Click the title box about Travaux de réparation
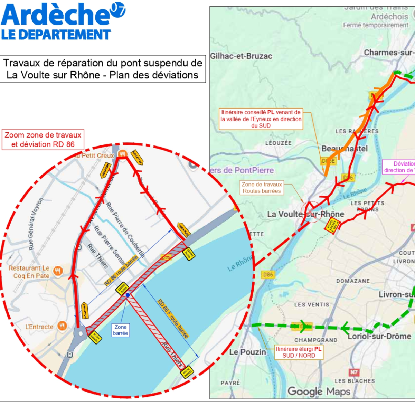(x=103, y=69)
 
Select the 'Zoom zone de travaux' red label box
(x=43, y=140)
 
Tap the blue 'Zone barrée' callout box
(x=120, y=330)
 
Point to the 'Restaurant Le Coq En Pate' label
(x=29, y=272)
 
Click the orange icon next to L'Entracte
(x=62, y=326)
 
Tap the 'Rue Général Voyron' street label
(x=36, y=224)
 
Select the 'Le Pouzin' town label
(x=247, y=352)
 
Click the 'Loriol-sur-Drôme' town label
(x=379, y=336)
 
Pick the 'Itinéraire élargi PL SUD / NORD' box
(x=299, y=352)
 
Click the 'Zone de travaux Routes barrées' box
(x=262, y=188)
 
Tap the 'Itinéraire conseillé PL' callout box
(x=261, y=119)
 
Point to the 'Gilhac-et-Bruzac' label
(x=241, y=56)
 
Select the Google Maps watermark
(x=319, y=391)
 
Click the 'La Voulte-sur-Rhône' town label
(x=305, y=214)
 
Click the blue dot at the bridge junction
(x=128, y=295)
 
